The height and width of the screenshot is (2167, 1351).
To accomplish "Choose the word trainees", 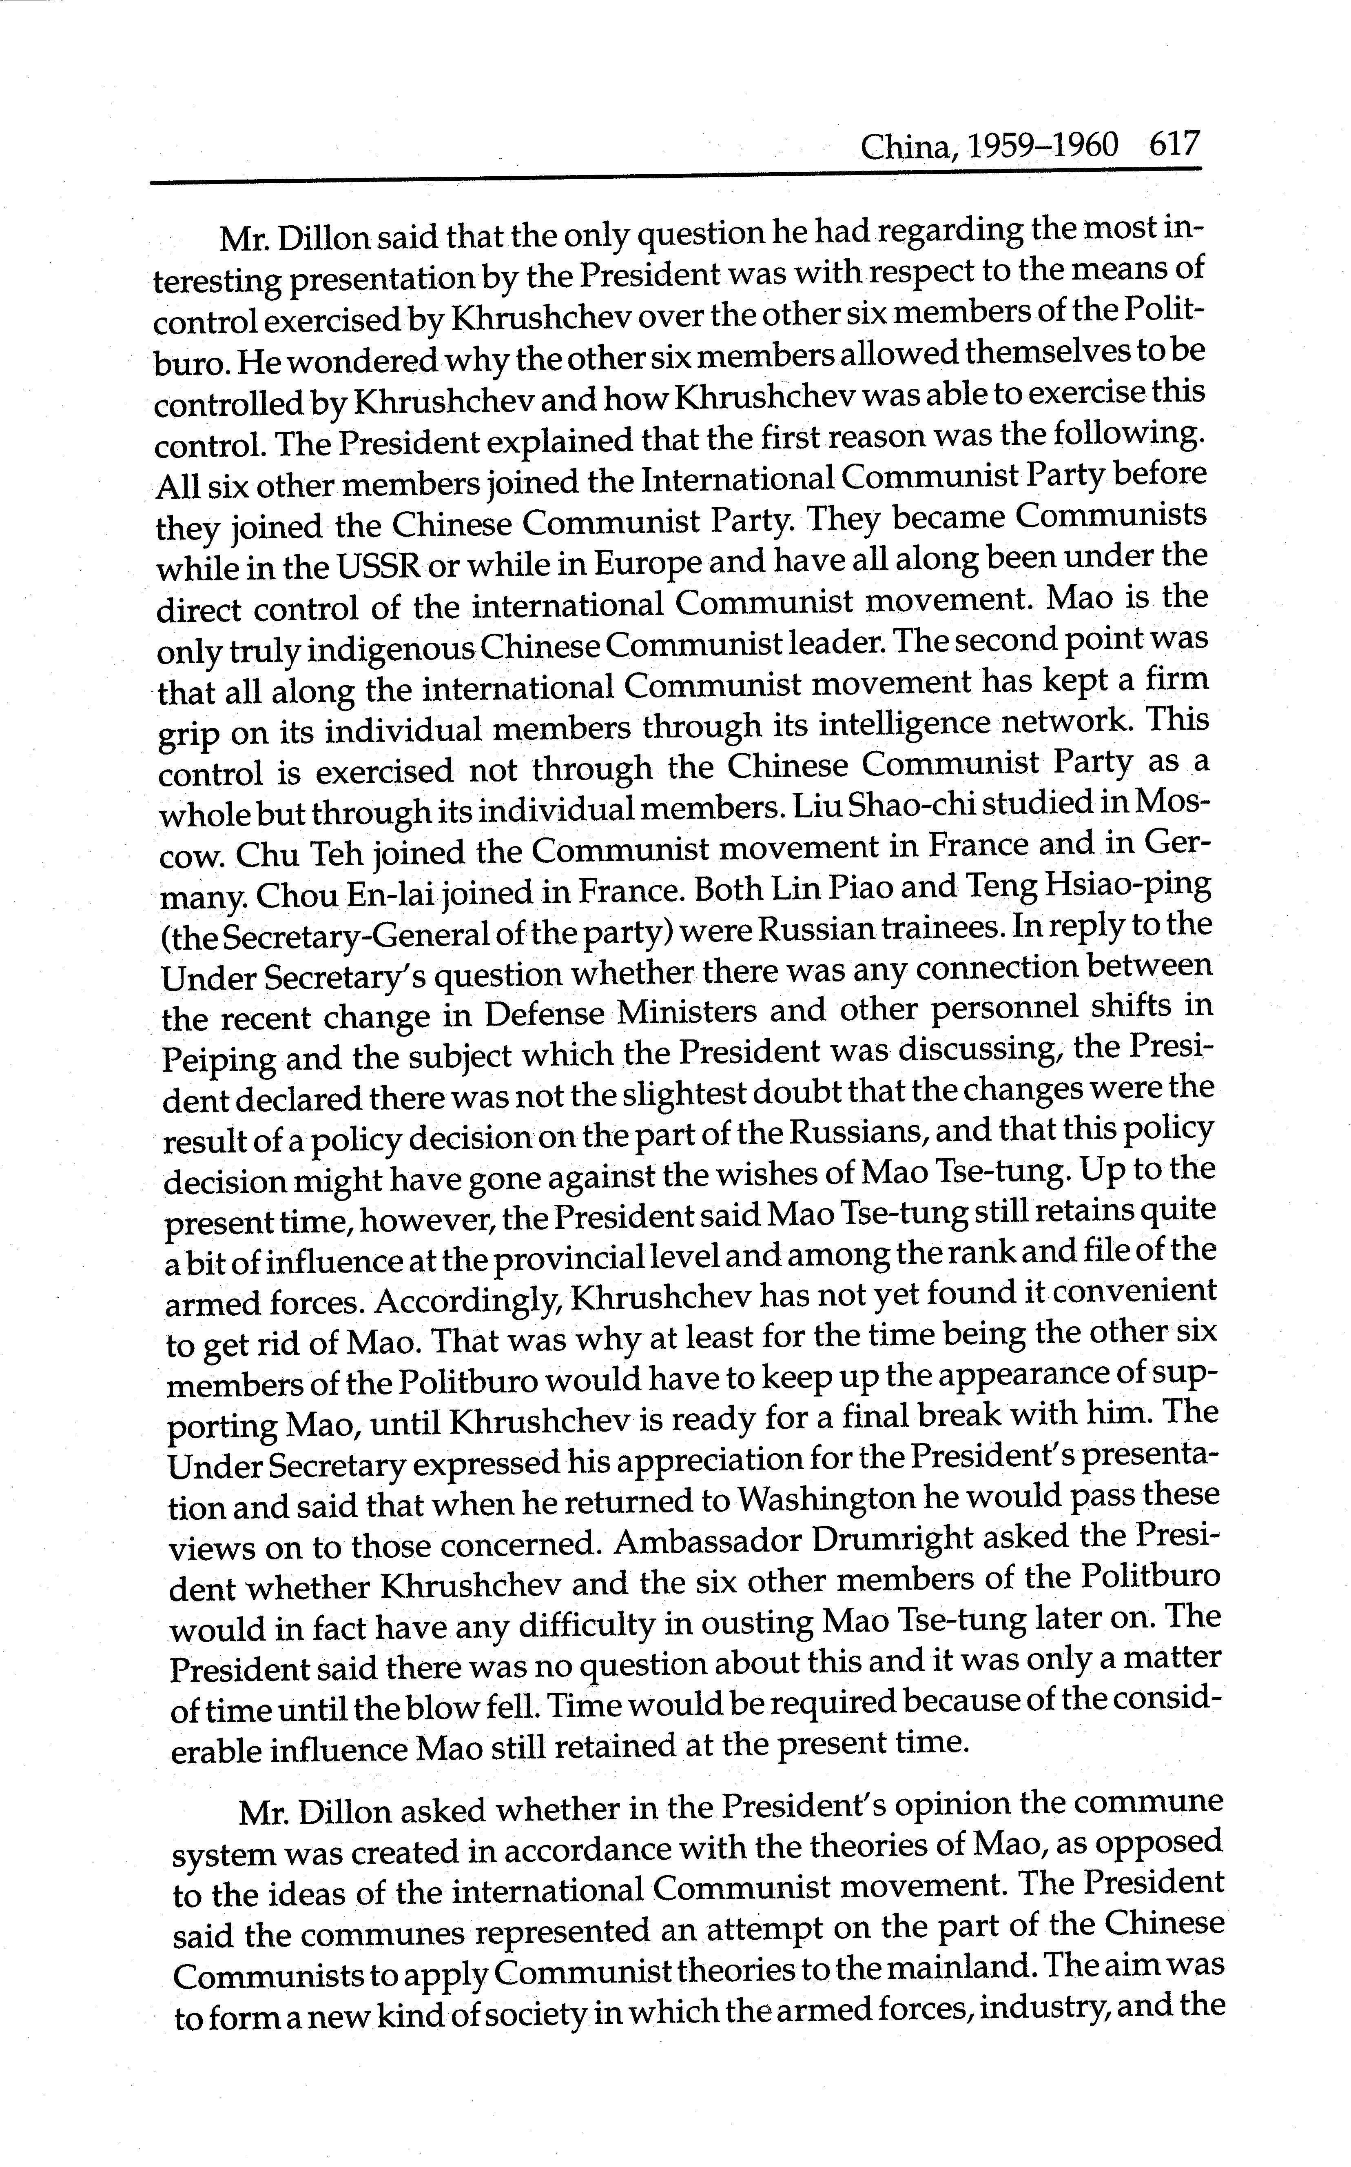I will coord(941,928).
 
